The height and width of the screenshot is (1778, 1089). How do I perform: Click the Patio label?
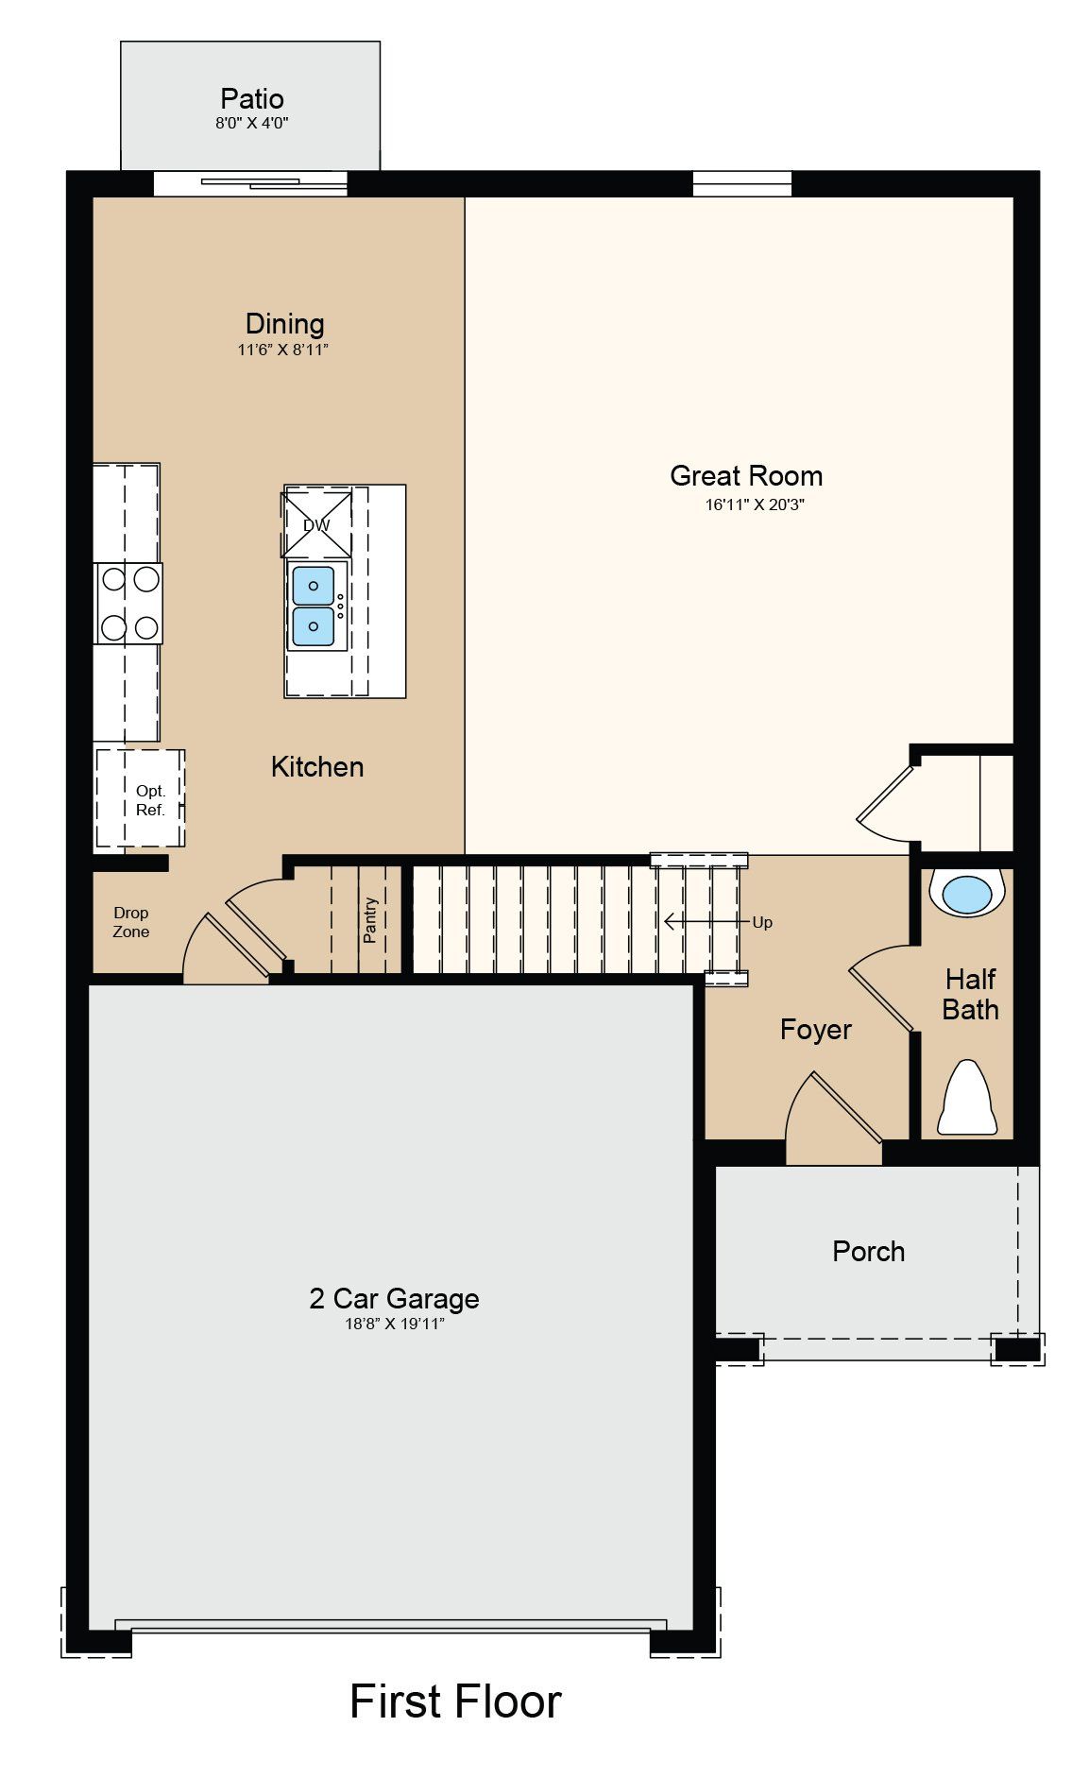tap(251, 98)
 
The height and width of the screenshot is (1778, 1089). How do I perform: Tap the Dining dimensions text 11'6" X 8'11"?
tap(282, 350)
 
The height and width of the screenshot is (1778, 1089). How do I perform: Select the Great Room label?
tap(745, 475)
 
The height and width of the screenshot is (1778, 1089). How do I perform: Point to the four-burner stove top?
tap(129, 604)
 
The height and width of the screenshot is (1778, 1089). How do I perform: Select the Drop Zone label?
tap(130, 922)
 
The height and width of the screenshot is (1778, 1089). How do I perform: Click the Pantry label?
tap(370, 919)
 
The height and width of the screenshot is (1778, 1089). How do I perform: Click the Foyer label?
tap(815, 1030)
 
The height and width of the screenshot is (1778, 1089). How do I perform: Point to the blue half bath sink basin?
tap(966, 894)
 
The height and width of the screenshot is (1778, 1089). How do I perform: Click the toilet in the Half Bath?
tap(966, 1100)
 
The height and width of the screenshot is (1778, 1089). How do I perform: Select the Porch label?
tap(868, 1252)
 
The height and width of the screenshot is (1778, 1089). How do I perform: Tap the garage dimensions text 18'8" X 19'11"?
tap(394, 1325)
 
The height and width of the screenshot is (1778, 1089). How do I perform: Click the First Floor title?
tap(455, 1701)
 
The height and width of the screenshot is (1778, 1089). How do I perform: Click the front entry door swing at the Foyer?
tap(831, 1115)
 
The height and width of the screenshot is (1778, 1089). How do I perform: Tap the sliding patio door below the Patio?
tap(250, 183)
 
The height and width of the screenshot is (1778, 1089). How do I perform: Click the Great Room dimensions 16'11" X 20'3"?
tap(754, 504)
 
